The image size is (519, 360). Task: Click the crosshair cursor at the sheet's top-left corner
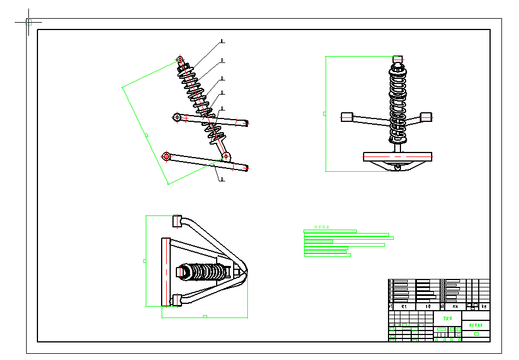[x=28, y=22]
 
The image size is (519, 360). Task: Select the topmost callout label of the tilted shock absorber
[x=222, y=41]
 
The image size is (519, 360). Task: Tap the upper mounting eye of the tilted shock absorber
[x=180, y=59]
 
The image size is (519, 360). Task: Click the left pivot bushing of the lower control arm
[x=167, y=156]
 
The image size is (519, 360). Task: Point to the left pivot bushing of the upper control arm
[x=177, y=117]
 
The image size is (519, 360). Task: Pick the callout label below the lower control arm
[x=222, y=179]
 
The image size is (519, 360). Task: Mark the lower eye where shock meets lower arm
[x=226, y=156]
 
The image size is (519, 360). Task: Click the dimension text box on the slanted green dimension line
[x=147, y=135]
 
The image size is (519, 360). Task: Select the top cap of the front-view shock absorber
[x=397, y=58]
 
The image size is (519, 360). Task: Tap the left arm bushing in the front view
[x=347, y=117]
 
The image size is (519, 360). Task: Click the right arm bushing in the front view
[x=426, y=117]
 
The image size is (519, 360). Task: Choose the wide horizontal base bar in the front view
[x=398, y=156]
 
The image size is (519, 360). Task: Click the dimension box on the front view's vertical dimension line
[x=324, y=113]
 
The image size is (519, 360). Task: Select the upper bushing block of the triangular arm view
[x=177, y=221]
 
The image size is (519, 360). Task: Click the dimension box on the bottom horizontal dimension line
[x=205, y=316]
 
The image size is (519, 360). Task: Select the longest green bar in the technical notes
[x=349, y=238]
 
